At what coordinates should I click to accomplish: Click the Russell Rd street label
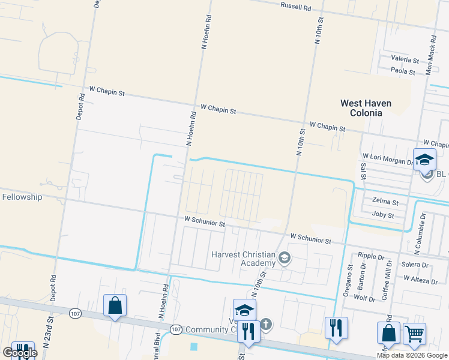[296, 8]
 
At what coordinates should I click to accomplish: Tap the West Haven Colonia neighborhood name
[366, 108]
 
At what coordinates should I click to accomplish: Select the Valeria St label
[404, 59]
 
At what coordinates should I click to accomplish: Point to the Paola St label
[403, 71]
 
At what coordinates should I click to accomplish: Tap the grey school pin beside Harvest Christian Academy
[285, 259]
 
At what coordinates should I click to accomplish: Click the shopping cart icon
[414, 334]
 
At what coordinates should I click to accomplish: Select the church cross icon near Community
[266, 325]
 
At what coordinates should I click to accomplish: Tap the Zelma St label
[385, 203]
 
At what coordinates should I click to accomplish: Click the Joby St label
[383, 215]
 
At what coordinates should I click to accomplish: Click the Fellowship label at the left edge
[22, 197]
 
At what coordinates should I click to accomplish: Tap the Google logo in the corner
[20, 353]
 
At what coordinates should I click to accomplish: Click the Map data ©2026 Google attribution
[412, 355]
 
